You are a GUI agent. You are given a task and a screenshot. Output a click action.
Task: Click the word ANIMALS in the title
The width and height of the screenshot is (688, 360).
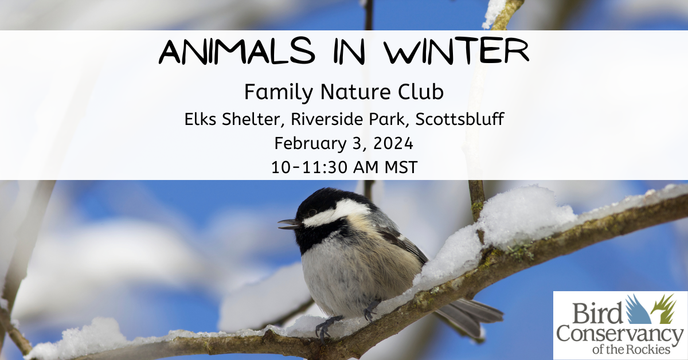[237, 50]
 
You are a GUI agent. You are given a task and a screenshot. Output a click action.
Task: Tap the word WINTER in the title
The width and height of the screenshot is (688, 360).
[457, 50]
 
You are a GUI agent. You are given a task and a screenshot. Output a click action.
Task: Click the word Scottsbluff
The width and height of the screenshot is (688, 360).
[459, 119]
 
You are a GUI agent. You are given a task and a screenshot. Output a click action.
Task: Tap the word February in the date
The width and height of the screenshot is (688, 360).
[310, 144]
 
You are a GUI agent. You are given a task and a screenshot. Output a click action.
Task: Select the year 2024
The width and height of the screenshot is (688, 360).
[393, 143]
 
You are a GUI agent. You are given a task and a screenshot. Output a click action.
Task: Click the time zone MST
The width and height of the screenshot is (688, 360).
[401, 167]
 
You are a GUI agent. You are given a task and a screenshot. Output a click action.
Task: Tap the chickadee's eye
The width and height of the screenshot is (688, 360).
[312, 213]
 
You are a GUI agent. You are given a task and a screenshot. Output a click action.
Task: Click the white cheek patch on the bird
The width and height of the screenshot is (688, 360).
[338, 212]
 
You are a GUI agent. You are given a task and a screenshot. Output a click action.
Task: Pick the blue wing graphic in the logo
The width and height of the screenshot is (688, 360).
[638, 310]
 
